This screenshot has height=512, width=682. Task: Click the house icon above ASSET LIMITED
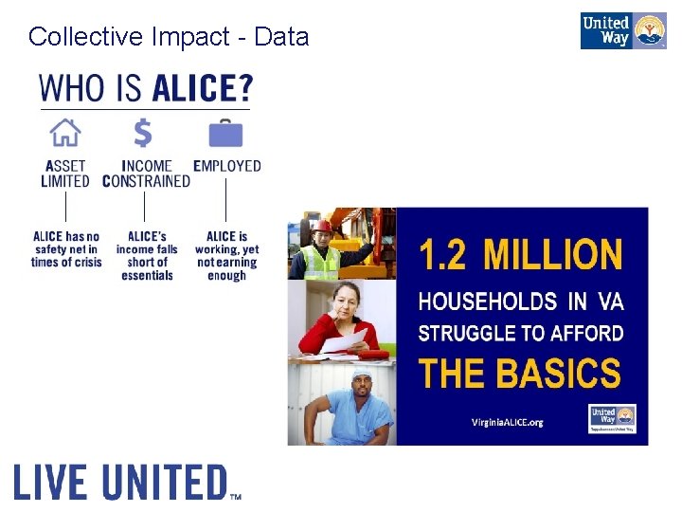[64, 132]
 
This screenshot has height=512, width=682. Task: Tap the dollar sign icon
[143, 132]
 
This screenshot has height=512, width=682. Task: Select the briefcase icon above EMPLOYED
[225, 133]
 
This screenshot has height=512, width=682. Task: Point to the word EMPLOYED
[227, 166]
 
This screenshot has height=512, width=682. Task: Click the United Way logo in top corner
[622, 30]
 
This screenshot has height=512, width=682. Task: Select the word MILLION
[553, 254]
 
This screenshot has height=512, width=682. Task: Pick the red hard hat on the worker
[323, 226]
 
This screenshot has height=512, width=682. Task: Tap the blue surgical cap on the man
[361, 376]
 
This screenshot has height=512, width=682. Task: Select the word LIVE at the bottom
[52, 482]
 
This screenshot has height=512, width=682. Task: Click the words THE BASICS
[520, 373]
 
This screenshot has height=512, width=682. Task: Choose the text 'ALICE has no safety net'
[65, 249]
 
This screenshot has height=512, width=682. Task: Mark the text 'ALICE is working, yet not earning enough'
[226, 256]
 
